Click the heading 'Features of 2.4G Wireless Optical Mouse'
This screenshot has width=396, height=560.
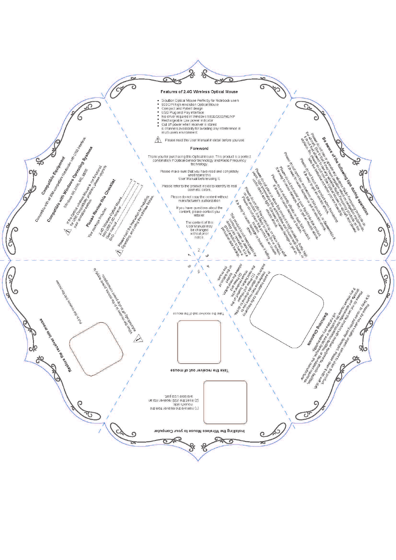click(x=199, y=92)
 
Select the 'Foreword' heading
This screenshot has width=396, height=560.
click(x=199, y=149)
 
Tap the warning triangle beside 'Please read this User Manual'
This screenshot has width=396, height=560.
click(x=158, y=140)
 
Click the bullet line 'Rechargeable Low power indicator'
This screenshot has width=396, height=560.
click(x=187, y=120)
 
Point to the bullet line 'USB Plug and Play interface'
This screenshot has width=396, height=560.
click(x=183, y=112)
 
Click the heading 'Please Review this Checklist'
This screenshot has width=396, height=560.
click(x=100, y=203)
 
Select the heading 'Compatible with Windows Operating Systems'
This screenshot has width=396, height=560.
click(x=70, y=184)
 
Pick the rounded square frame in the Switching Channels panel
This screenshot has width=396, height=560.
click(x=287, y=311)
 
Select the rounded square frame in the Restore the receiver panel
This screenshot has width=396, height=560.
click(x=96, y=349)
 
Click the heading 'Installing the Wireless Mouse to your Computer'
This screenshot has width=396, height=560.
click(x=199, y=431)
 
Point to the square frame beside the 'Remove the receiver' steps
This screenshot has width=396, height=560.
click(x=225, y=402)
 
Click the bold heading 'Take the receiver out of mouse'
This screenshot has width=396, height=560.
click(x=199, y=370)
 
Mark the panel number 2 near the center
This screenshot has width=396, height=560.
click(x=199, y=250)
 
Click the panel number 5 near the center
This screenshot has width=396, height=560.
click(x=199, y=271)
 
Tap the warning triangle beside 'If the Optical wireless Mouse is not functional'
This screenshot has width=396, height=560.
click(x=68, y=232)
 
